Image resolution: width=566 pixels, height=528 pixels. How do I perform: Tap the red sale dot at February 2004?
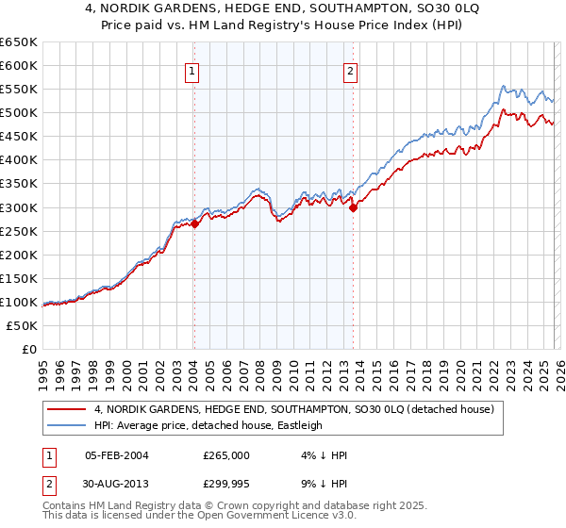(194, 224)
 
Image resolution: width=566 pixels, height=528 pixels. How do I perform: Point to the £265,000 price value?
(226, 454)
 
